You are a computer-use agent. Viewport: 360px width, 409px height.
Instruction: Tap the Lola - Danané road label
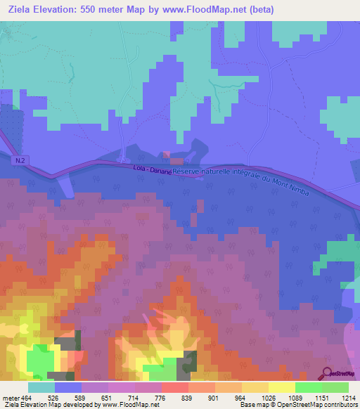click(152, 169)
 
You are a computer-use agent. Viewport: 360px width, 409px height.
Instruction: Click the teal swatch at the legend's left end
click(41, 387)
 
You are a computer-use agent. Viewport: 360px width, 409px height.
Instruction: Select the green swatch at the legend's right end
click(335, 387)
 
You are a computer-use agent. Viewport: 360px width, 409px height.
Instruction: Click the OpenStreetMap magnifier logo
click(327, 372)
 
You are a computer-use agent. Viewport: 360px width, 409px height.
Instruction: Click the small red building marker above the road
click(167, 155)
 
